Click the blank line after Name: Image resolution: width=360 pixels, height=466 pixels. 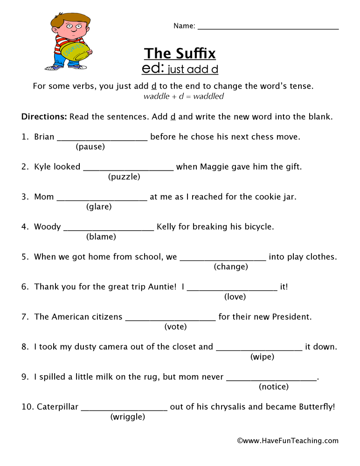pos(268,28)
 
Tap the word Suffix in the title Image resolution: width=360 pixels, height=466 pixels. pos(193,53)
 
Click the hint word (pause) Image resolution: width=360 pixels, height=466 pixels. pos(90,147)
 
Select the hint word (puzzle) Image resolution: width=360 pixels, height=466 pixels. pos(124,177)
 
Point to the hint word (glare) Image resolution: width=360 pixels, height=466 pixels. pos(99,207)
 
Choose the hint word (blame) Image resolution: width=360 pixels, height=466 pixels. pos(101,237)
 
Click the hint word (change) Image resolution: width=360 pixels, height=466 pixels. pos(231,267)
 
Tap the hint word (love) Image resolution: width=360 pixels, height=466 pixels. pos(235,297)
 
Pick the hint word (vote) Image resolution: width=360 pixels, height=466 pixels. pos(175,327)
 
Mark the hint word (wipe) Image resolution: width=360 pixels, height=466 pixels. pos(262,357)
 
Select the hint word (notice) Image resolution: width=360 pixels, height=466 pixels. pos(274,387)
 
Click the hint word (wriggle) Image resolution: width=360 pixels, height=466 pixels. pos(128,417)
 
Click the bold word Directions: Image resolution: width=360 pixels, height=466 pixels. pos(44,116)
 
